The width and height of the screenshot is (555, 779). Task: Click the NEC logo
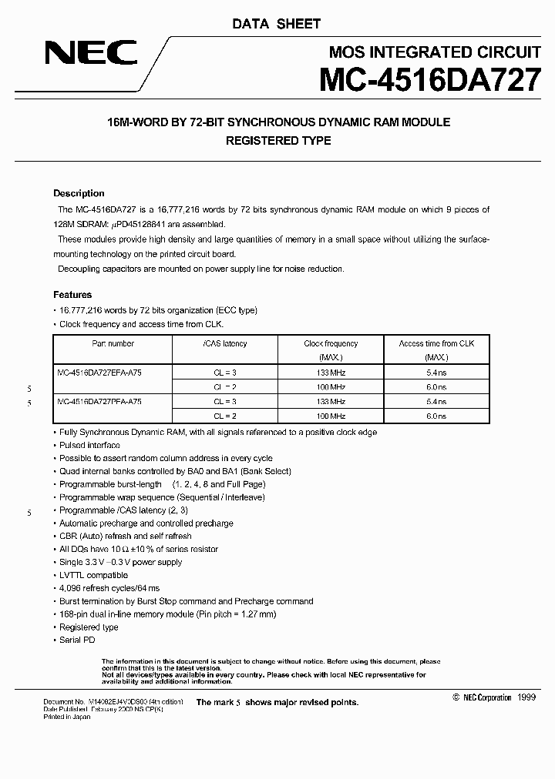91,53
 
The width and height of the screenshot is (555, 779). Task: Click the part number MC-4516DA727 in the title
428,80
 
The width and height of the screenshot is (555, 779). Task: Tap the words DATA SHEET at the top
276,24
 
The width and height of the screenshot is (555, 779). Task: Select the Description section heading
79,193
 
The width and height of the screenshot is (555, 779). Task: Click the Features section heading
72,295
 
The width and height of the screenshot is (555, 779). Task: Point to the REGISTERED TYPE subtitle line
277,141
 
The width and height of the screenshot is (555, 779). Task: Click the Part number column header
113,344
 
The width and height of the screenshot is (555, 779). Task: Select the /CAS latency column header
224,344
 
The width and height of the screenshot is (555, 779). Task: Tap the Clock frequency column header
331,344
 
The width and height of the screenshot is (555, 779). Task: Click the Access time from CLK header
436,344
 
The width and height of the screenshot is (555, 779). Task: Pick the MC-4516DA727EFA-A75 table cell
99,372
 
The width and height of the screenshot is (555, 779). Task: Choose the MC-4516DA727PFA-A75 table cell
99,401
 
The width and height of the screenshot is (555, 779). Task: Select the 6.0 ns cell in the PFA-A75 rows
436,416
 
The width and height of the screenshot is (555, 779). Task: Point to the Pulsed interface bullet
89,445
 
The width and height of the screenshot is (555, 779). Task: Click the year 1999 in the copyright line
526,697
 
